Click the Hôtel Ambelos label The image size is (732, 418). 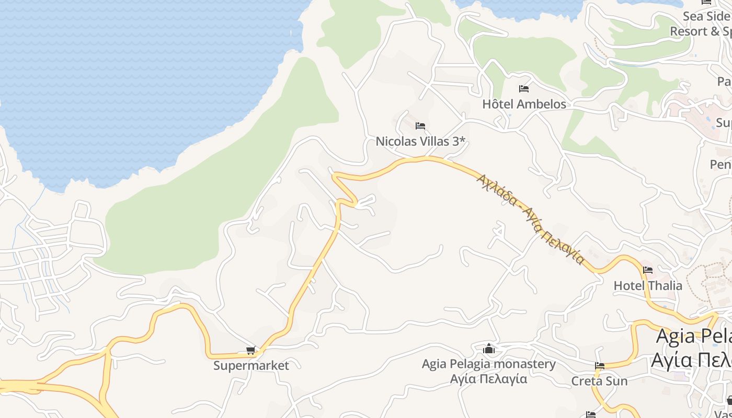click(x=524, y=104)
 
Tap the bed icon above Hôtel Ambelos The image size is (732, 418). click(x=524, y=88)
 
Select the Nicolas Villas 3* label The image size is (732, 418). click(x=420, y=141)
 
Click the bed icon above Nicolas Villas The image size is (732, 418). click(x=420, y=126)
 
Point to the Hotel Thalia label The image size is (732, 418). click(x=648, y=285)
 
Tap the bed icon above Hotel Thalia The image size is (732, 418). click(x=648, y=270)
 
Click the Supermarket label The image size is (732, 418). click(x=251, y=365)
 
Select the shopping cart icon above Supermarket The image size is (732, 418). click(x=251, y=351)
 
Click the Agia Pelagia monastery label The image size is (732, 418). click(x=488, y=364)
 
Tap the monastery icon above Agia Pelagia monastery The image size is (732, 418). click(x=489, y=348)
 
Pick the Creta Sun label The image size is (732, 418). click(x=599, y=381)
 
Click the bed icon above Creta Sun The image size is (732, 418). click(x=599, y=366)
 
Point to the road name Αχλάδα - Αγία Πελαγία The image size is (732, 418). click(x=530, y=218)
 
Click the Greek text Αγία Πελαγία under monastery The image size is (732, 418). click(x=488, y=379)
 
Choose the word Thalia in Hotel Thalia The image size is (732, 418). click(x=665, y=285)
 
